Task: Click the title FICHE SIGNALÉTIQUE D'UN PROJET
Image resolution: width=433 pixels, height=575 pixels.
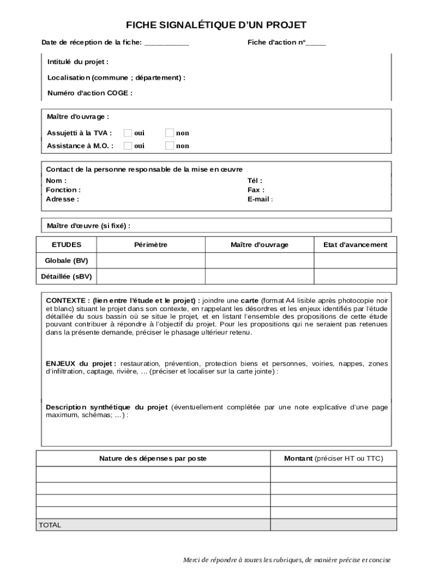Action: click(216, 25)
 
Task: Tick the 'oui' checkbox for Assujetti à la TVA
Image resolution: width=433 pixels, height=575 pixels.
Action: click(128, 133)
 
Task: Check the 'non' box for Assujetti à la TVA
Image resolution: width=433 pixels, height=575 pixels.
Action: click(169, 133)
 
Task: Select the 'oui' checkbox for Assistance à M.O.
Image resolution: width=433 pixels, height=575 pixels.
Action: click(128, 145)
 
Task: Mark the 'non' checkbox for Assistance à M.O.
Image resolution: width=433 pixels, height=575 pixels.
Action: click(169, 145)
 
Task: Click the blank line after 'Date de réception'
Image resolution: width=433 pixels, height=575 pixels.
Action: click(166, 43)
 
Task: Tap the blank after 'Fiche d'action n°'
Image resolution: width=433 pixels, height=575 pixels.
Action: click(315, 43)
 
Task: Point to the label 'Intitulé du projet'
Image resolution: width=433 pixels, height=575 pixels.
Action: click(78, 62)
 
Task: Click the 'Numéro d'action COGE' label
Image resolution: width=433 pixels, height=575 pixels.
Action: click(90, 93)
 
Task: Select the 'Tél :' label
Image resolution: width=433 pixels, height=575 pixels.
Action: click(255, 181)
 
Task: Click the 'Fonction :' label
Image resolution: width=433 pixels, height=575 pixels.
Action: click(63, 190)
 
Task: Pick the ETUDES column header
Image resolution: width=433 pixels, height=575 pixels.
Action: click(66, 245)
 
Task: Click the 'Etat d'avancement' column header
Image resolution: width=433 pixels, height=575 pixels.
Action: click(355, 245)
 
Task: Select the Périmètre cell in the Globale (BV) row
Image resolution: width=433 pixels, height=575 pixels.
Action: click(151, 261)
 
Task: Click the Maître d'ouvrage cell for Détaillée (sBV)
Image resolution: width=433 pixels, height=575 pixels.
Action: click(259, 276)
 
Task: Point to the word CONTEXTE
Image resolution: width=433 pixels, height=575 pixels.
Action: click(67, 300)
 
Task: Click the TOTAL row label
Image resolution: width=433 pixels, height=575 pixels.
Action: click(50, 525)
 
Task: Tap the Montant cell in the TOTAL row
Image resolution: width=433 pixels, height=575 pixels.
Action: click(333, 525)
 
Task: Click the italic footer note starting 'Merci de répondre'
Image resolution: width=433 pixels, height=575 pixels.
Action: click(287, 560)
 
